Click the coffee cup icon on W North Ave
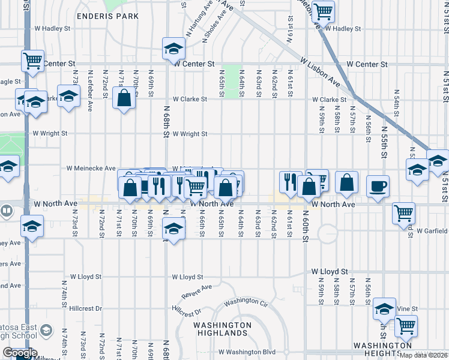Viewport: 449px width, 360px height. pyautogui.click(x=377, y=186)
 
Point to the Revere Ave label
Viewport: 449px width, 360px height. pyautogui.click(x=197, y=292)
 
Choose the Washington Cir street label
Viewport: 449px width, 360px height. pyautogui.click(x=244, y=302)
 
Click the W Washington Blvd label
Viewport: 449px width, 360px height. pyautogui.click(x=247, y=352)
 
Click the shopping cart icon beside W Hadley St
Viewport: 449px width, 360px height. pyautogui.click(x=323, y=11)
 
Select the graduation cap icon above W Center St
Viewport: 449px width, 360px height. pyautogui.click(x=173, y=47)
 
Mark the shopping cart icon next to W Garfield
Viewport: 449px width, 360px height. pyautogui.click(x=404, y=212)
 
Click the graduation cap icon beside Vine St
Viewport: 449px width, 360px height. pyautogui.click(x=384, y=308)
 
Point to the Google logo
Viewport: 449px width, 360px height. pyautogui.click(x=19, y=353)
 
